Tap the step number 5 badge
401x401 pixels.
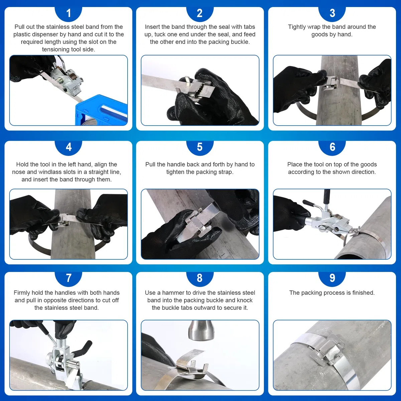[200, 147]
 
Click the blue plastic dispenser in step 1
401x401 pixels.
[101, 110]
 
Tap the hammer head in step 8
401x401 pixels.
[199, 331]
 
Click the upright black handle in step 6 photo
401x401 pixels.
[327, 197]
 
